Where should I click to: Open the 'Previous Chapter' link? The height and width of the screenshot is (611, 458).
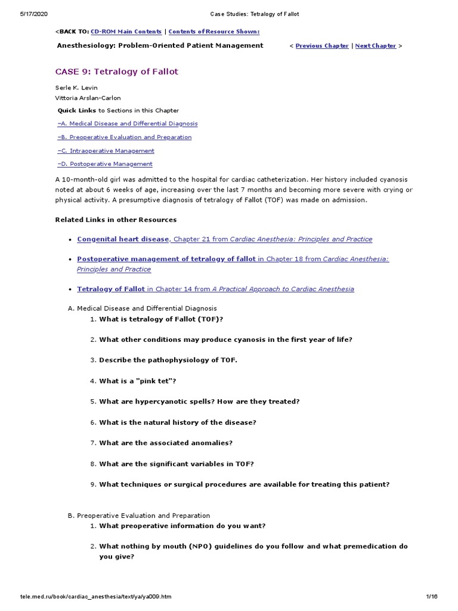click(322, 45)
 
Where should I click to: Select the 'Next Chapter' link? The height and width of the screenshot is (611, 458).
click(375, 45)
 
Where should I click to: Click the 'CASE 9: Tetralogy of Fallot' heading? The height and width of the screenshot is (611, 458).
click(117, 72)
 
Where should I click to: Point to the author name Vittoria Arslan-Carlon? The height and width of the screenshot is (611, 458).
click(88, 98)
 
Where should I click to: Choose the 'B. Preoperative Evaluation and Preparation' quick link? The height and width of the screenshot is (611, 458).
click(125, 137)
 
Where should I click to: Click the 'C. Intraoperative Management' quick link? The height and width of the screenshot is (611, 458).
click(106, 151)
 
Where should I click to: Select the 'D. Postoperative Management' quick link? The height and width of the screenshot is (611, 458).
click(105, 164)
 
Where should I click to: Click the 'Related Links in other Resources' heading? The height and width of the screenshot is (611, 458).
click(116, 220)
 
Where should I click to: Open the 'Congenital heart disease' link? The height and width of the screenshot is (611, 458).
click(123, 239)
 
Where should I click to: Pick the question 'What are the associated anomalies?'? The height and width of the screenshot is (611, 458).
click(166, 443)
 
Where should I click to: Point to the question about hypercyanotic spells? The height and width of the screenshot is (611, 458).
click(199, 402)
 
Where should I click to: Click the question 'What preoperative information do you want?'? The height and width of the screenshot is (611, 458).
click(182, 526)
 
